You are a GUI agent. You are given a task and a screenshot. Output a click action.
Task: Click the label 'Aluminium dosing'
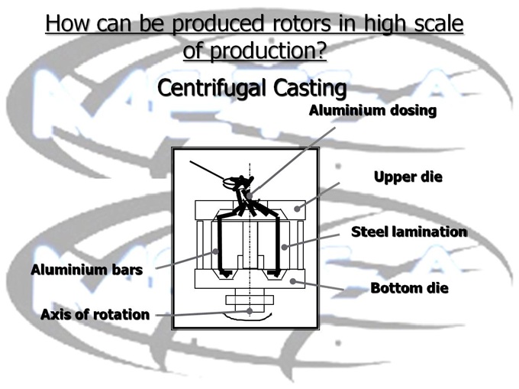[x=372, y=111]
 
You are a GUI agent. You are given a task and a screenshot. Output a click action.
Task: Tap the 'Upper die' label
[x=408, y=177]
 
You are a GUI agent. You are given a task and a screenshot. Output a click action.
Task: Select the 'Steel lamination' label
[x=408, y=231]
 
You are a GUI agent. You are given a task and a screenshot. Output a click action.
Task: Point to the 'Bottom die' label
[x=409, y=288]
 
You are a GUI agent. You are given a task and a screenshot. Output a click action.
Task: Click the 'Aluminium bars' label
[x=86, y=270]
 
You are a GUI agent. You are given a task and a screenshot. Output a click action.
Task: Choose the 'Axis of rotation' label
[x=95, y=314]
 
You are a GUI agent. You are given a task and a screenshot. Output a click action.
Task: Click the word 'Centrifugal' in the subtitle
[x=208, y=88]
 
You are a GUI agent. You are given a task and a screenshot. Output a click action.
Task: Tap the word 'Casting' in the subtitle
[x=305, y=88]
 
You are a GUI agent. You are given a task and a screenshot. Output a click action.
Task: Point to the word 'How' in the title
[x=66, y=23]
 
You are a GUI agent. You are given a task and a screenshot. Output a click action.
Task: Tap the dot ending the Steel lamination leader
[x=283, y=246]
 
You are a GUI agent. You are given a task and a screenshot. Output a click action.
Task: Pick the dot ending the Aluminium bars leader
[x=216, y=250]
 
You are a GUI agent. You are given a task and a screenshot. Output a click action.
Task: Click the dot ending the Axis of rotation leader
[x=250, y=311]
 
